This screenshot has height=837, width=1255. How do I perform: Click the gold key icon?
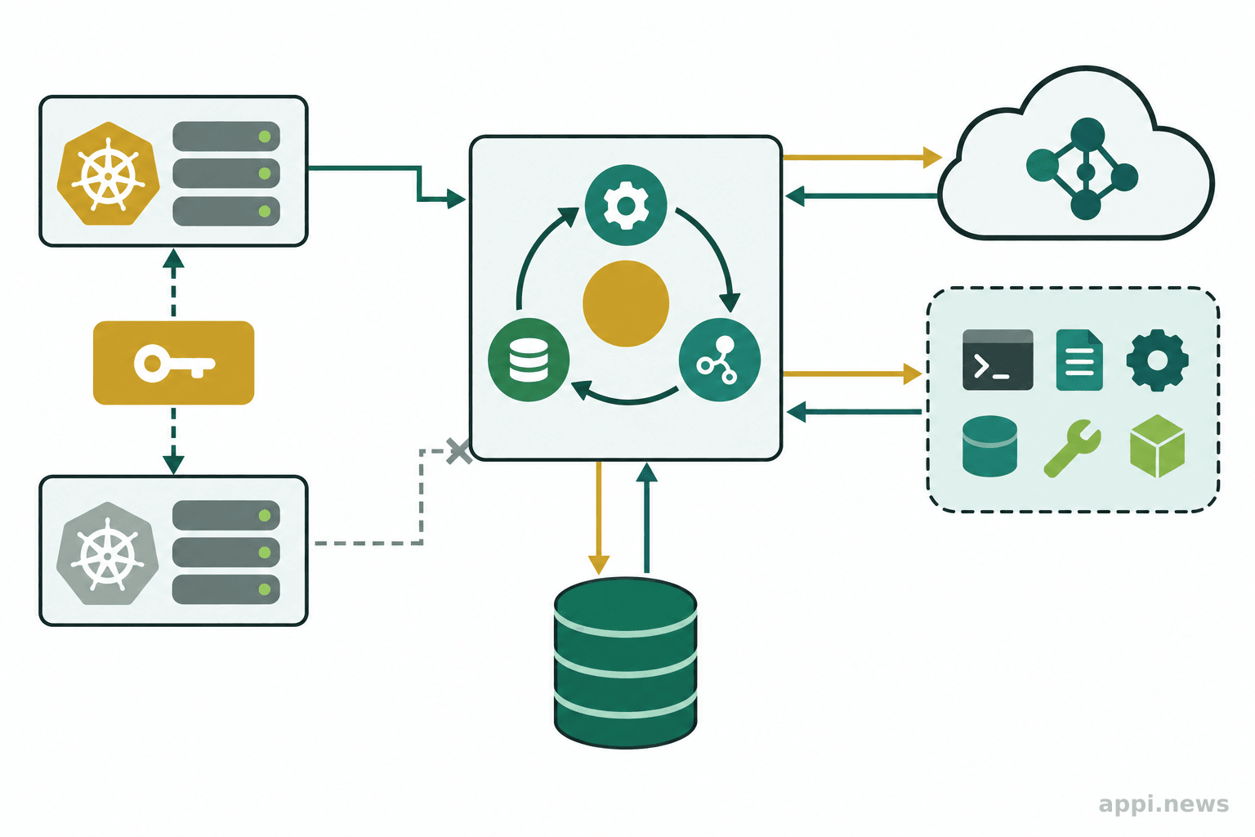click(174, 363)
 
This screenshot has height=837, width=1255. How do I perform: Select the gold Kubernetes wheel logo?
click(108, 174)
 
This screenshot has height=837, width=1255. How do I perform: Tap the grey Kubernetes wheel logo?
click(108, 553)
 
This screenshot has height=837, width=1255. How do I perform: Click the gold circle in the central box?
click(626, 303)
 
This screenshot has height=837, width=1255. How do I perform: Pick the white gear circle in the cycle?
click(626, 205)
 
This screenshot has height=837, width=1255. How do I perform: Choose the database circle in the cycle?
click(529, 360)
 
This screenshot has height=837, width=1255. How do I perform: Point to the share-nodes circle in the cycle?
click(719, 360)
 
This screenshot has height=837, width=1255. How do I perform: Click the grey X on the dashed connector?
click(459, 451)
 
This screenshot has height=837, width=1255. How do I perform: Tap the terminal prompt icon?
click(998, 360)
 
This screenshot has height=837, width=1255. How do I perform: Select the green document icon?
click(1079, 360)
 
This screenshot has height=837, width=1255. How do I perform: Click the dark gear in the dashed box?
click(1158, 360)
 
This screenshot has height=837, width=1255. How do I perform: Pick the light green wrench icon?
click(1073, 449)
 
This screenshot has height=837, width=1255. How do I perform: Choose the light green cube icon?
click(1158, 446)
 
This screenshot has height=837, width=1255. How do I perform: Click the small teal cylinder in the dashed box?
click(989, 446)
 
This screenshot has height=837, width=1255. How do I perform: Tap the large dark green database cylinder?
click(625, 663)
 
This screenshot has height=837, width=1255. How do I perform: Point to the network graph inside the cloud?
click(1083, 168)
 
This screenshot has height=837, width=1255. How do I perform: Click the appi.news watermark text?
click(1163, 804)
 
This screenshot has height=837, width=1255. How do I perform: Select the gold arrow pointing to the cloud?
click(862, 158)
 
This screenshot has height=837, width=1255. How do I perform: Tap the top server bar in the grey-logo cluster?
click(226, 515)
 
